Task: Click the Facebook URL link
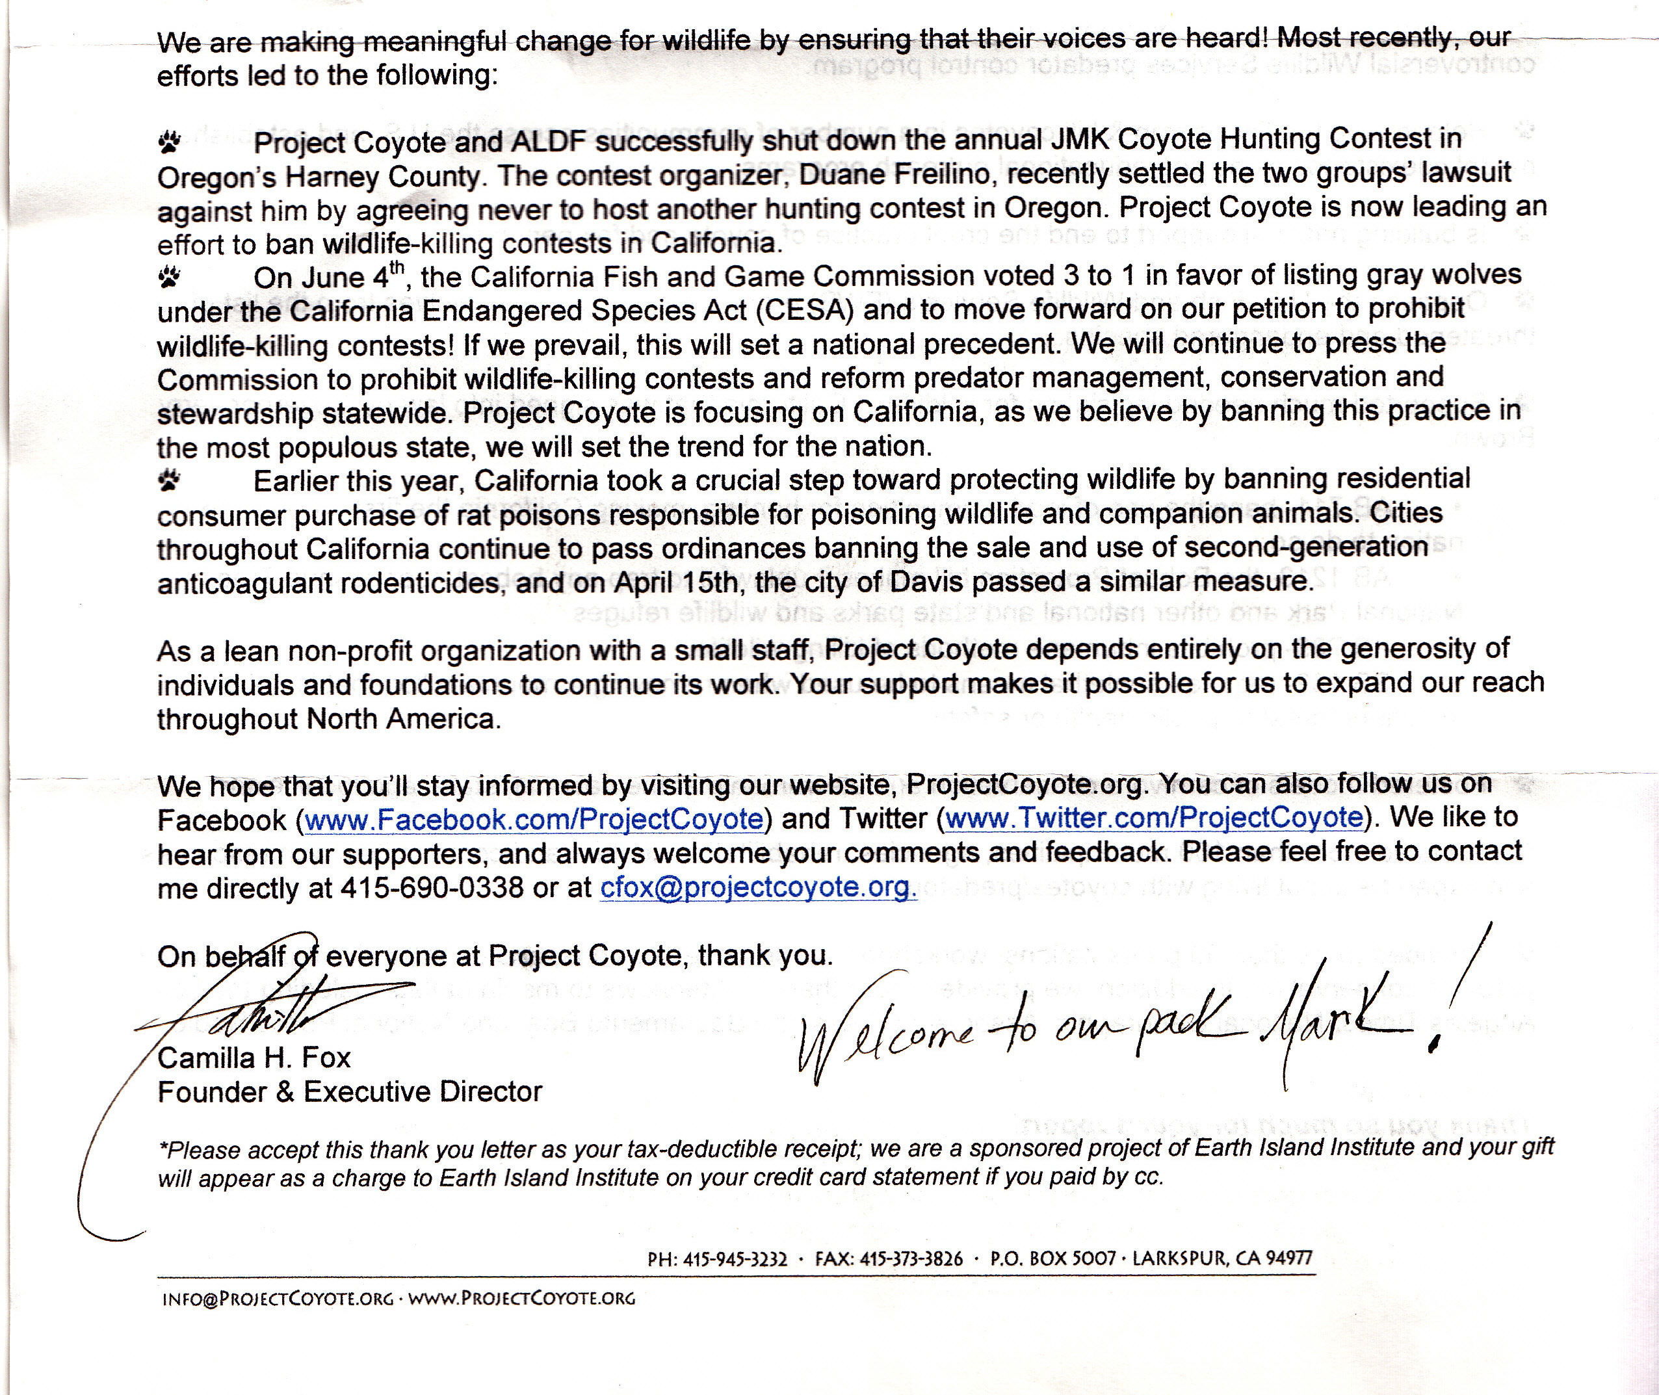point(534,819)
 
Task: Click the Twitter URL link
point(1154,817)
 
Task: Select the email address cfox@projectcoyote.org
point(757,887)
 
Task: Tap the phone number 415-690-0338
point(432,887)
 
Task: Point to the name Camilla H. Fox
point(254,1058)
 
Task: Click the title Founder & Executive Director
point(350,1091)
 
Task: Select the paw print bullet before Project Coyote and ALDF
point(169,142)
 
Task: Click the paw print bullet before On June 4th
point(169,278)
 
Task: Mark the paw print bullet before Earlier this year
point(169,480)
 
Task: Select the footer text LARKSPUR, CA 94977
point(1221,1257)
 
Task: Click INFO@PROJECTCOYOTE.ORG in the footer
point(278,1299)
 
